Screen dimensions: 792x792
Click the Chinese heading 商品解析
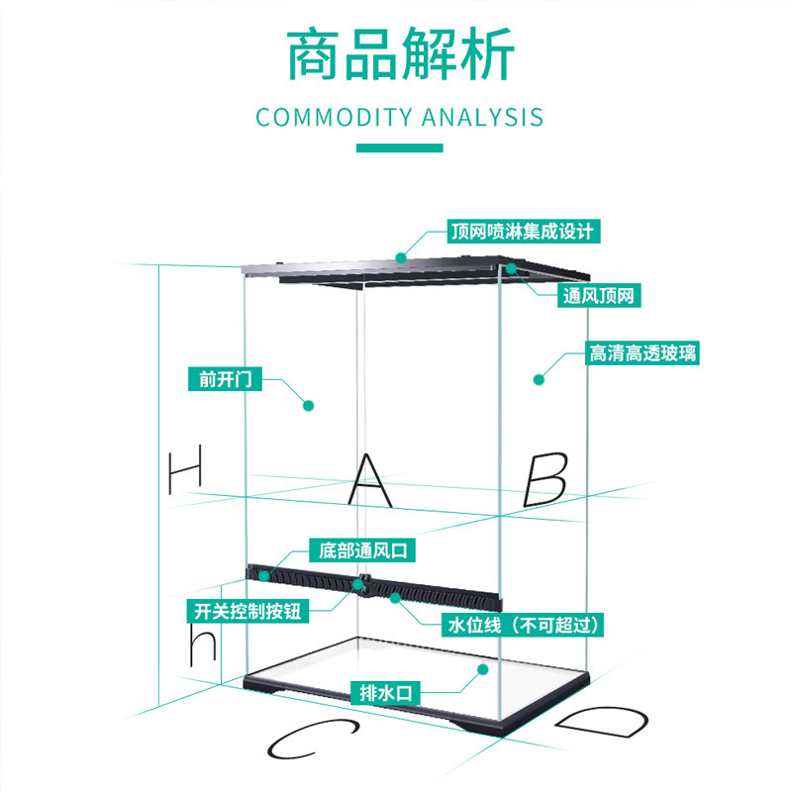click(x=400, y=53)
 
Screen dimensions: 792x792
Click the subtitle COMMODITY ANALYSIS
click(x=400, y=117)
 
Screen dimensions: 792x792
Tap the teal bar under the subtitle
click(x=400, y=148)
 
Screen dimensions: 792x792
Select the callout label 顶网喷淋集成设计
click(x=524, y=232)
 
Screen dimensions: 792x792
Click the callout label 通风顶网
click(x=599, y=295)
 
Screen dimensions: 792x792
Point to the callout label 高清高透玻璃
click(x=643, y=352)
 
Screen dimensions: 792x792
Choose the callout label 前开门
click(x=226, y=379)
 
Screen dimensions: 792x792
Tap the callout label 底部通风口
click(x=362, y=550)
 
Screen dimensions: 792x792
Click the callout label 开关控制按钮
click(x=247, y=611)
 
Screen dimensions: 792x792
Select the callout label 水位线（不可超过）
click(x=523, y=625)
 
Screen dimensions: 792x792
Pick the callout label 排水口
click(x=386, y=692)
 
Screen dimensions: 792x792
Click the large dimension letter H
click(x=185, y=469)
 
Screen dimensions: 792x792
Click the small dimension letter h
click(x=203, y=644)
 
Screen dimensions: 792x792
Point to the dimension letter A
click(x=370, y=480)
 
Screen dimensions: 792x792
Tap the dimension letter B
click(x=545, y=479)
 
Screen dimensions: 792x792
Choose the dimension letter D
click(x=602, y=722)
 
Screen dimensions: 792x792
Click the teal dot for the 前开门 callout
click(x=308, y=405)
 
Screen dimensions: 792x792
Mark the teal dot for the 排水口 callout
click(x=483, y=669)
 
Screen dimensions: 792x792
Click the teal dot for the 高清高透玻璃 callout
click(x=539, y=379)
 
